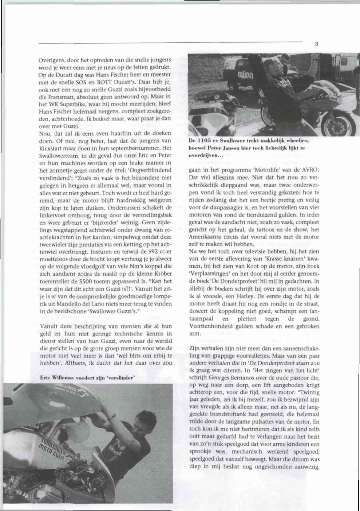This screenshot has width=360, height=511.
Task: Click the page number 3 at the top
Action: [x=317, y=44]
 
